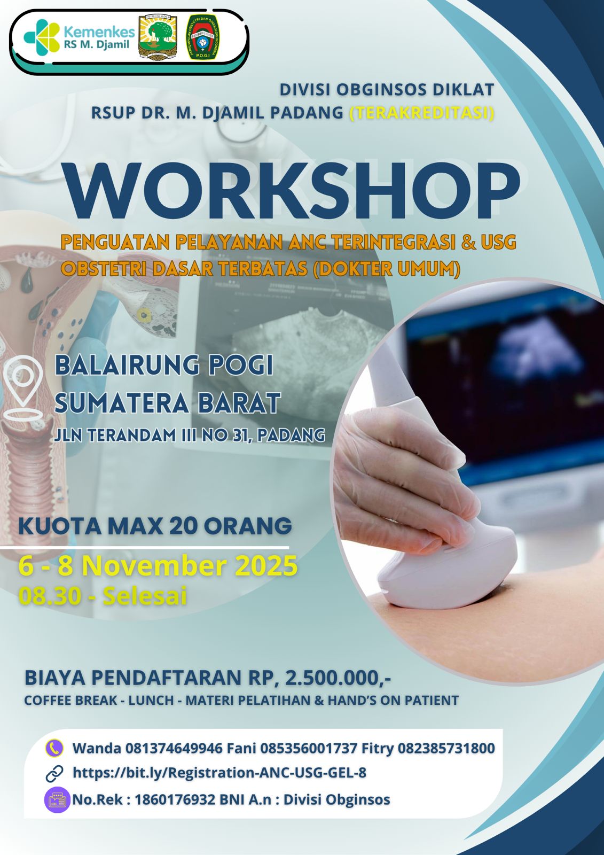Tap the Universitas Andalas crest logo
point(158,37)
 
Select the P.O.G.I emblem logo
point(202,37)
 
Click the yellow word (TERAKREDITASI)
point(421,113)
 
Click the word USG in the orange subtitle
point(497,242)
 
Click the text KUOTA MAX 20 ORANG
point(155,526)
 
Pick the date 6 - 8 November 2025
point(158,566)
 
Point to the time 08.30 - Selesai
point(103,595)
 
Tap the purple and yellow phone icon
point(54,748)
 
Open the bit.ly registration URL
point(219,773)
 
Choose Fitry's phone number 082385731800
point(446,748)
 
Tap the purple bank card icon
point(57,799)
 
